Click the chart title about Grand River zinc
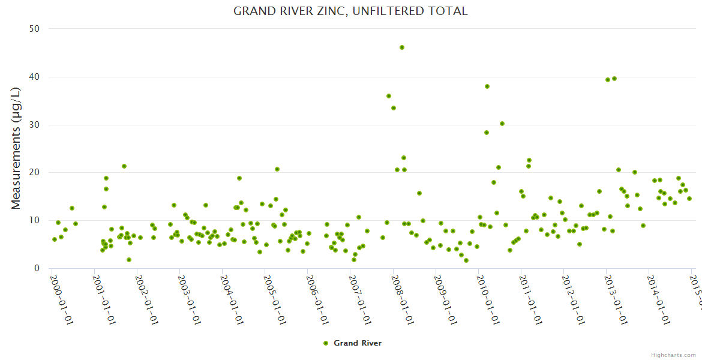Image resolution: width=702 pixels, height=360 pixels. coord(350,11)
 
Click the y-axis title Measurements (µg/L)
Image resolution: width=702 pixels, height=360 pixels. coord(16,148)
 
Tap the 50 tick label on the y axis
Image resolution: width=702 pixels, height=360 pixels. coord(34,29)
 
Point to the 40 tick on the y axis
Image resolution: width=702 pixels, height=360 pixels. coord(34,77)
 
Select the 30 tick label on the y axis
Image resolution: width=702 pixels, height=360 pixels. coord(34,125)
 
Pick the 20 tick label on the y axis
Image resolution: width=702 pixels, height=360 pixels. coord(34,173)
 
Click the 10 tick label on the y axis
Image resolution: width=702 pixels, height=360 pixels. coord(34,221)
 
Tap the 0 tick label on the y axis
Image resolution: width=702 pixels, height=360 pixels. coord(37,268)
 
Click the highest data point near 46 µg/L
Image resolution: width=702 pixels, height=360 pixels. coord(402,47)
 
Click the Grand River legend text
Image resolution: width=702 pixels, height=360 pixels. coord(358,343)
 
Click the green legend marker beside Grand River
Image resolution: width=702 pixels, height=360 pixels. coord(326,343)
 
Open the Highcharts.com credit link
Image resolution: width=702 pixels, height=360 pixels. coord(674,355)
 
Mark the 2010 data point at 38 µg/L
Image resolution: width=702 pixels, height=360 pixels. coord(487,86)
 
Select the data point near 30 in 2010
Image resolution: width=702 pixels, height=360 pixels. coord(502,124)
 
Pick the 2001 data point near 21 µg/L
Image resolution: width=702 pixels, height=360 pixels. coord(124,166)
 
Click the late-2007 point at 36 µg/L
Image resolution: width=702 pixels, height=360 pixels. coord(389,96)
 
